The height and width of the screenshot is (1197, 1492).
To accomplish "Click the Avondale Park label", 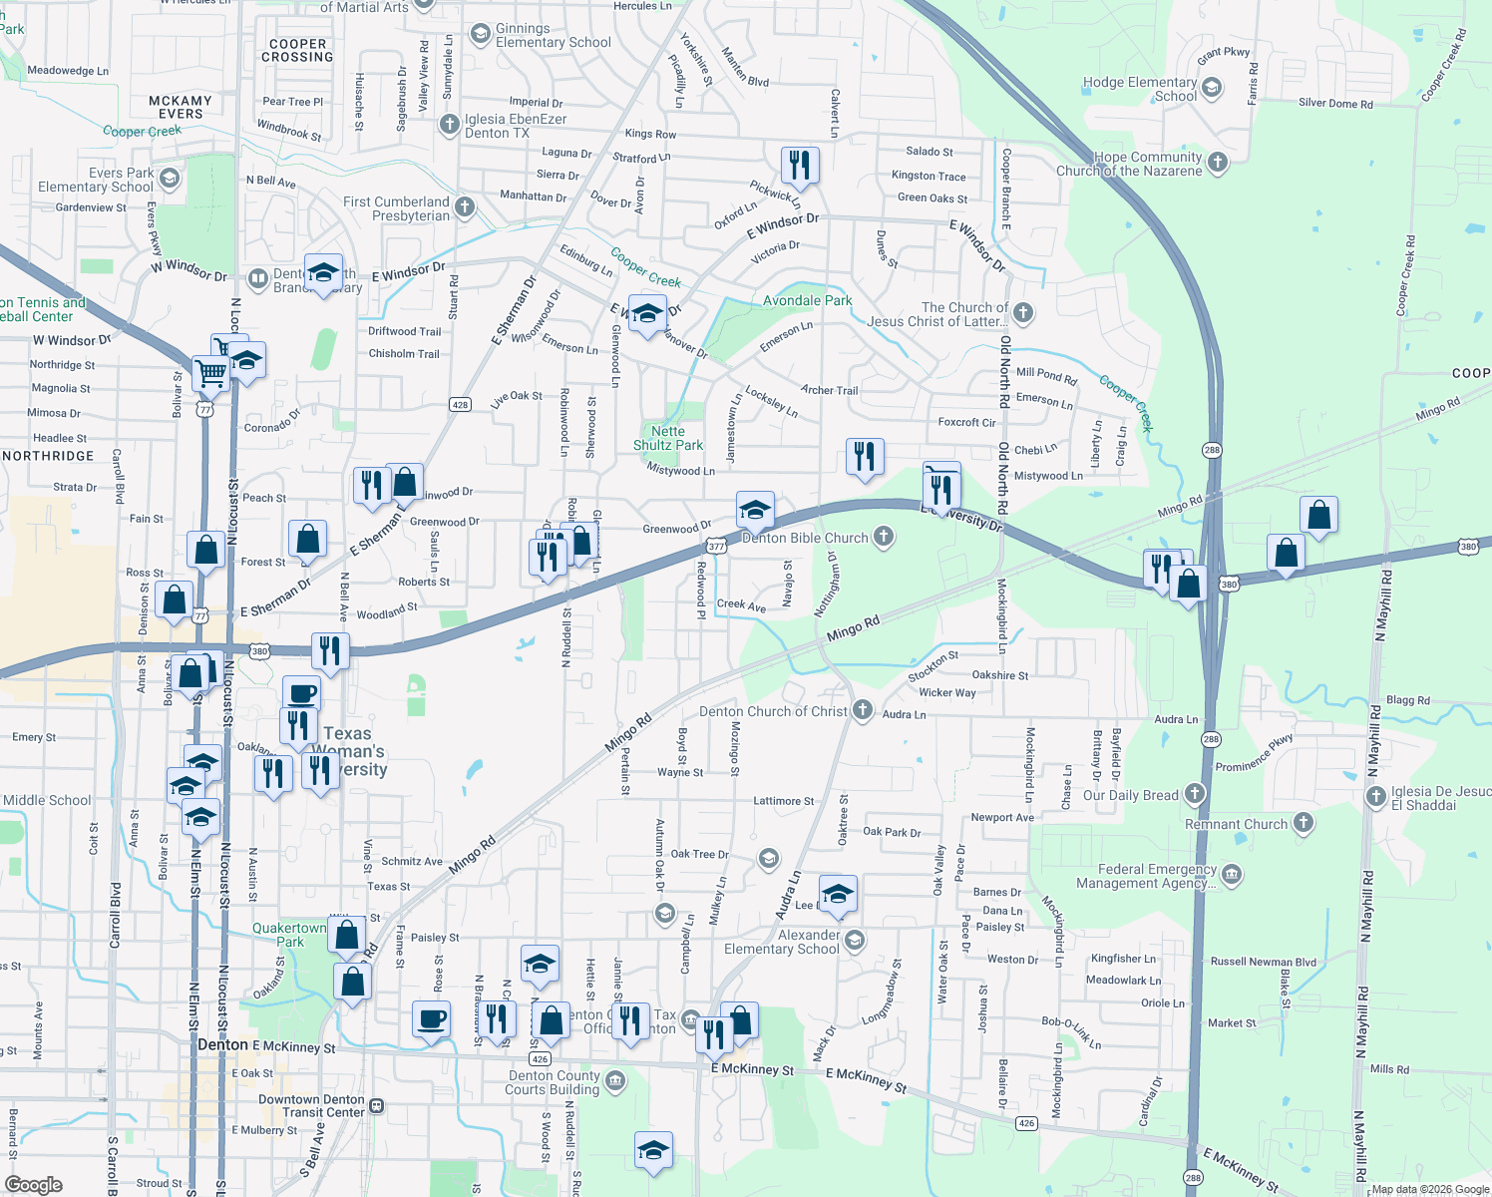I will tap(807, 300).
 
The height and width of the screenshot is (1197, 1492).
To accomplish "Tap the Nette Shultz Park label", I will tap(668, 439).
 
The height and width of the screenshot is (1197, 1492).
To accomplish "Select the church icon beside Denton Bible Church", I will tap(883, 538).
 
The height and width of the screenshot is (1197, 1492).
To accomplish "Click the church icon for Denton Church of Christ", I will tap(863, 710).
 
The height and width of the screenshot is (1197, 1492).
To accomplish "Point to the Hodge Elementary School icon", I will tap(1212, 88).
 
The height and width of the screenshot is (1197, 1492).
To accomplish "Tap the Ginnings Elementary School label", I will tap(553, 36).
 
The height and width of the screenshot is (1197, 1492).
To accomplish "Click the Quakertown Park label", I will tap(289, 935).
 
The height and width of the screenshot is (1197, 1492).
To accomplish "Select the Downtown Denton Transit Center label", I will tap(311, 1105).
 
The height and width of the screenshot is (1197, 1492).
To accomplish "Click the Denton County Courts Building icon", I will tap(615, 1080).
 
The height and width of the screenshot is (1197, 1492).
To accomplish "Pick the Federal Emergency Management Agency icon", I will tap(1232, 875).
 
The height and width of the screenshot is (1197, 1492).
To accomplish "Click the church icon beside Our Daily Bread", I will tap(1195, 794).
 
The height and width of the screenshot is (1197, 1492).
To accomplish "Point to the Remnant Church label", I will tap(1236, 824).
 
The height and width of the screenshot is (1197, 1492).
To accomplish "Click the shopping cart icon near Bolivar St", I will tap(211, 374).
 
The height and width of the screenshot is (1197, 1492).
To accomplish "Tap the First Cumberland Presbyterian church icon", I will tap(464, 207).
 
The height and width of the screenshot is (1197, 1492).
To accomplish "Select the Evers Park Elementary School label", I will tap(96, 180).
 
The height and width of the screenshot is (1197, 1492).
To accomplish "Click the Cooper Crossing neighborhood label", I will tap(297, 50).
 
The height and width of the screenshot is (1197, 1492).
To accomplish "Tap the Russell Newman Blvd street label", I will tap(1263, 962).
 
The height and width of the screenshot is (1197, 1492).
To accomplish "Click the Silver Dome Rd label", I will tap(1334, 103).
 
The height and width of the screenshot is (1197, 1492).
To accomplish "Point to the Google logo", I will tap(33, 1185).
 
